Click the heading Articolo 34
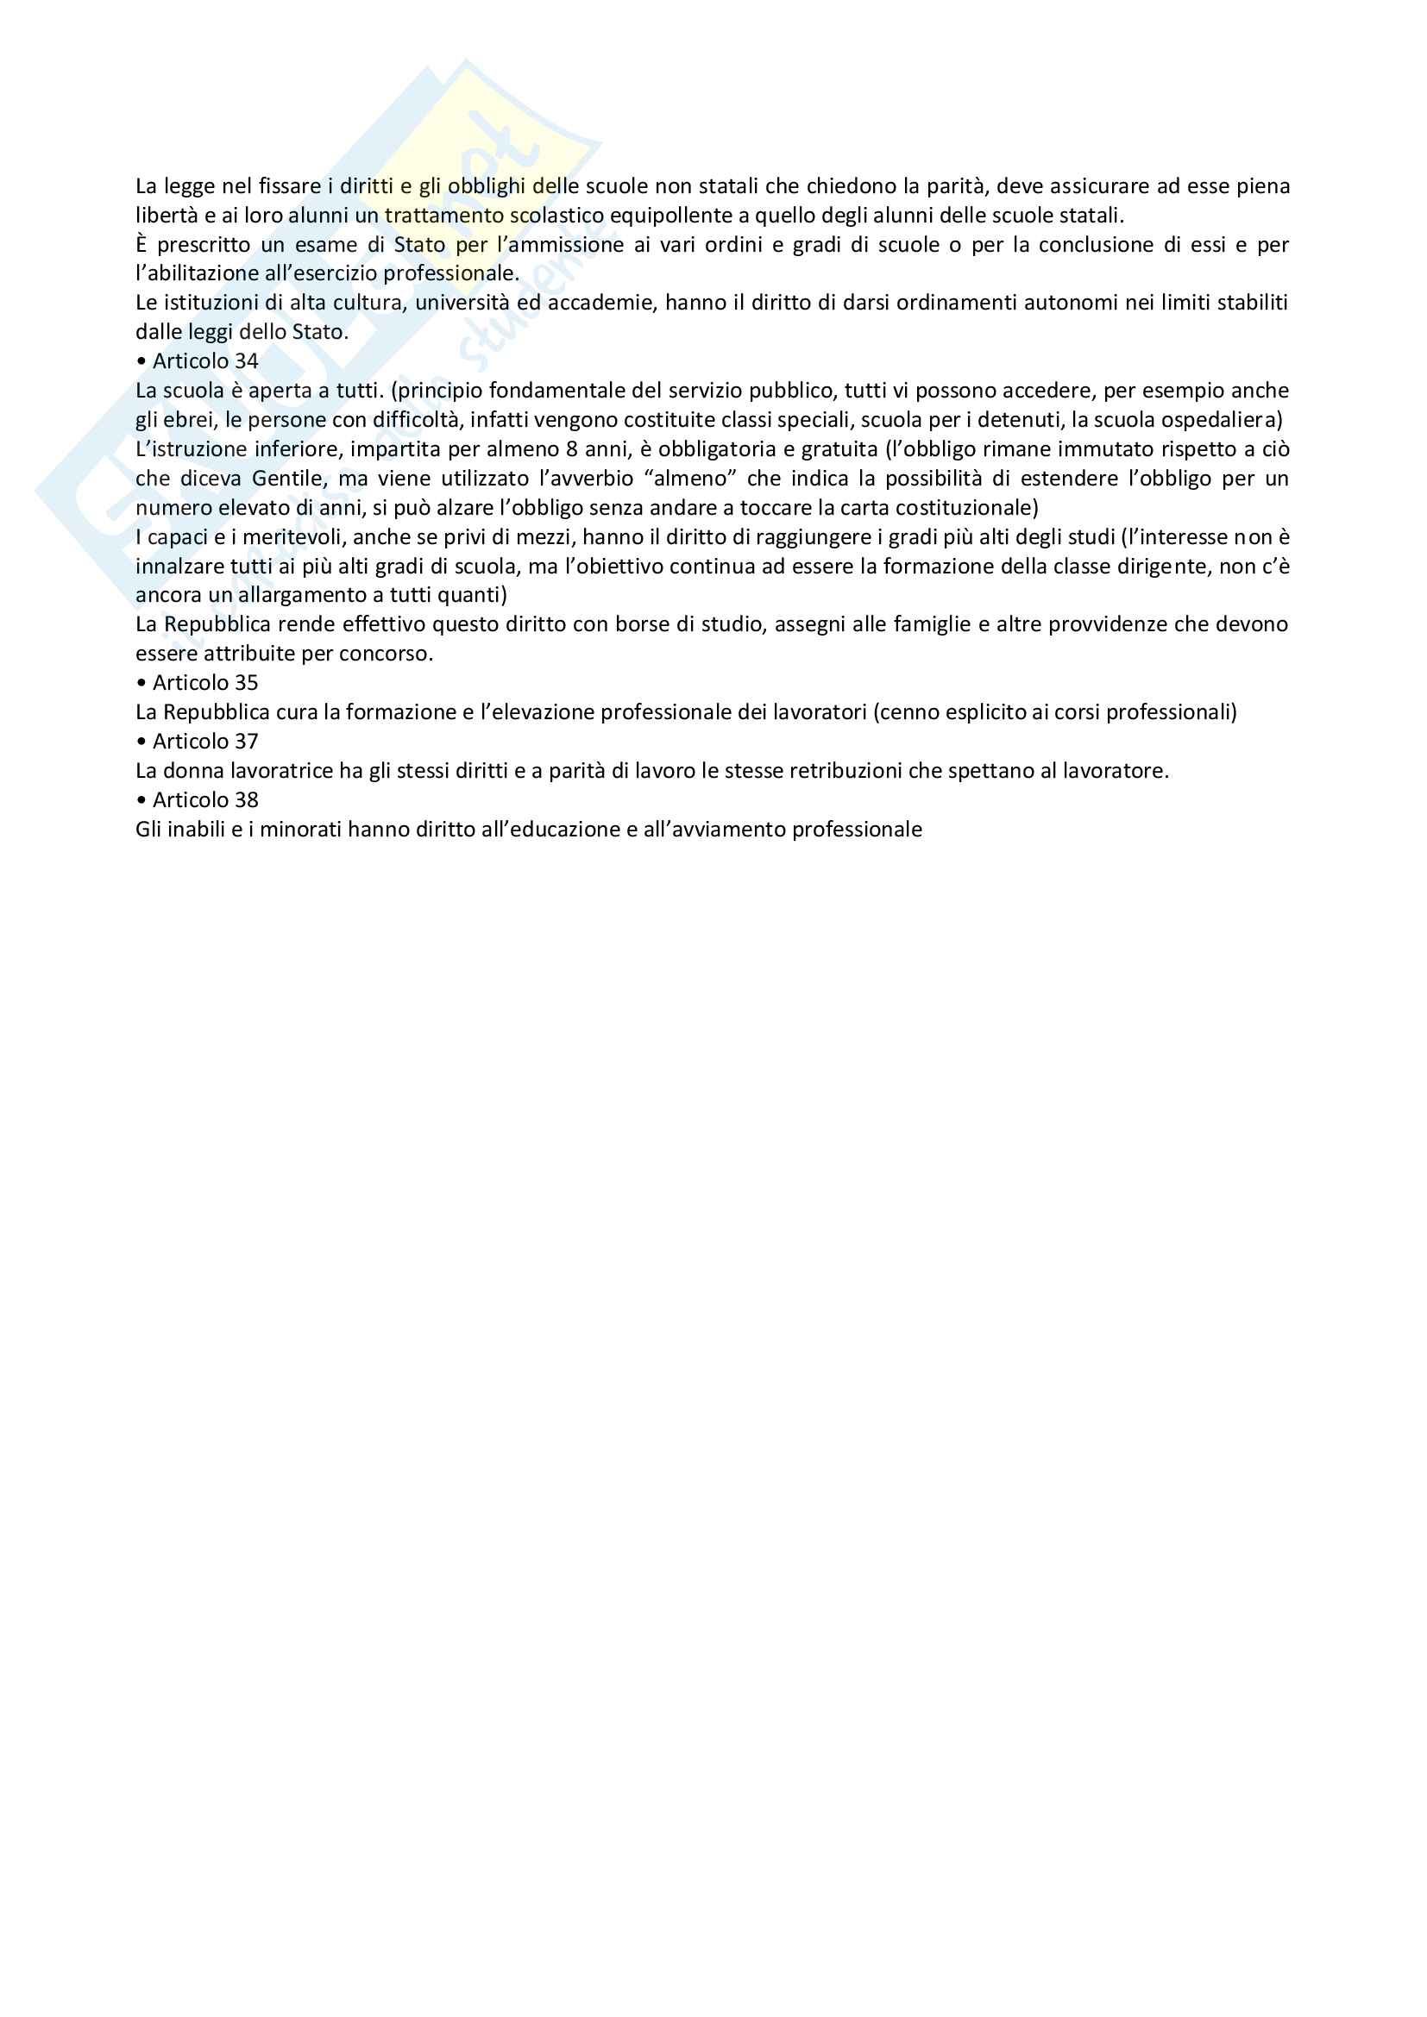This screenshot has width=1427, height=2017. pos(204,361)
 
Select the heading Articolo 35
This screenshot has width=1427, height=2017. pos(204,683)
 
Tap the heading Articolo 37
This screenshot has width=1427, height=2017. pos(204,742)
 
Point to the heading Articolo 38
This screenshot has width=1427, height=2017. pos(204,800)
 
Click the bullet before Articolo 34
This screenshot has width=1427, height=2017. pos(141,361)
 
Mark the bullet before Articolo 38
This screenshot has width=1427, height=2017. pos(141,800)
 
